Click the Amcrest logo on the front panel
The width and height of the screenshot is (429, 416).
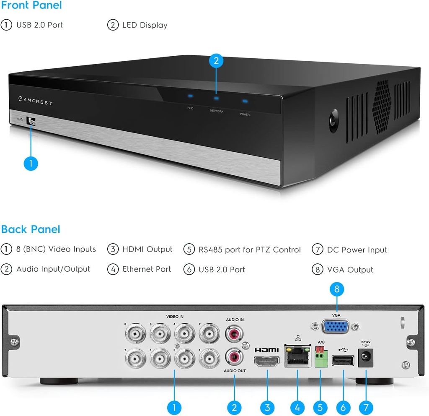36,101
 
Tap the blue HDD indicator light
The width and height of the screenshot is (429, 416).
190,96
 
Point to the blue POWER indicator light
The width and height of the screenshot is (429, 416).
245,101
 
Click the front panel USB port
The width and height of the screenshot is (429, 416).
31,121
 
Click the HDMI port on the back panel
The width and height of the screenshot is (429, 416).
267,361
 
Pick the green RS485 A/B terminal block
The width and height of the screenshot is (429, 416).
321,358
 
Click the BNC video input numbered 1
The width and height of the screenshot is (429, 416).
209,359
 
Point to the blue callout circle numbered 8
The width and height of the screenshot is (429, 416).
337,290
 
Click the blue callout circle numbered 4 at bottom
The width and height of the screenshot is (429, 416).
297,407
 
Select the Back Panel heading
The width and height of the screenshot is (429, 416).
31,229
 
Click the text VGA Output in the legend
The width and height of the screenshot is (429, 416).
350,270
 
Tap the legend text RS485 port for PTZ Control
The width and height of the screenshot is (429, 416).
249,250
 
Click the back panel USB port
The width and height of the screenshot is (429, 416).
343,360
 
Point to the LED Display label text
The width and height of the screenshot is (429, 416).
145,25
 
